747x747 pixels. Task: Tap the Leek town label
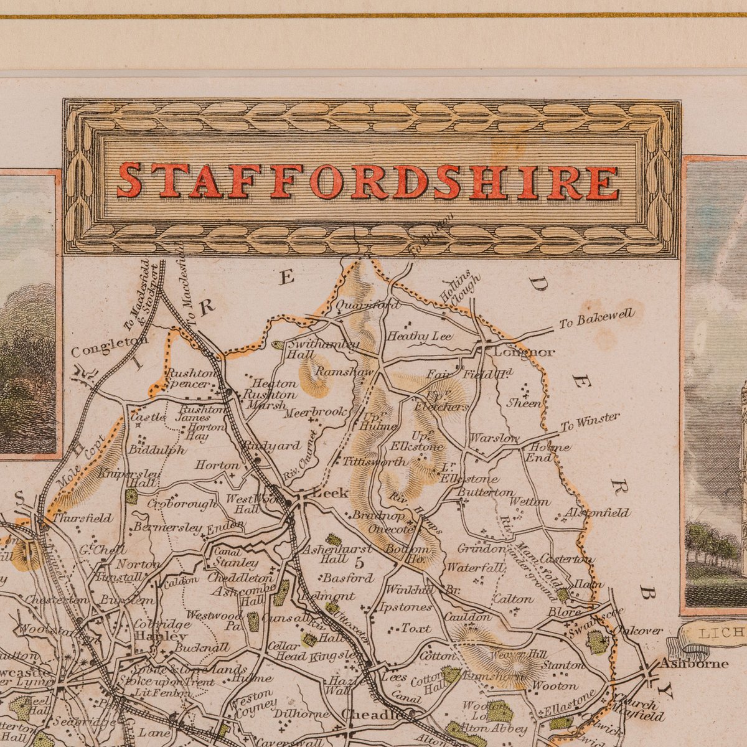330,492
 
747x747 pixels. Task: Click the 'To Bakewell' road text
596,317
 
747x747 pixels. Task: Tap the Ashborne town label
693,663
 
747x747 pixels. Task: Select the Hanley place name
161,636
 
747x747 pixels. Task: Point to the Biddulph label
157,449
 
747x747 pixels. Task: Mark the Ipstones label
405,607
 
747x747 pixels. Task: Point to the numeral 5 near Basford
359,563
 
